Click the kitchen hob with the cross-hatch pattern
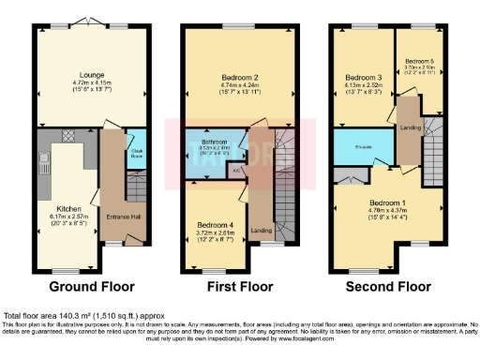click(x=68, y=137)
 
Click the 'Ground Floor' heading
click(x=91, y=286)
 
